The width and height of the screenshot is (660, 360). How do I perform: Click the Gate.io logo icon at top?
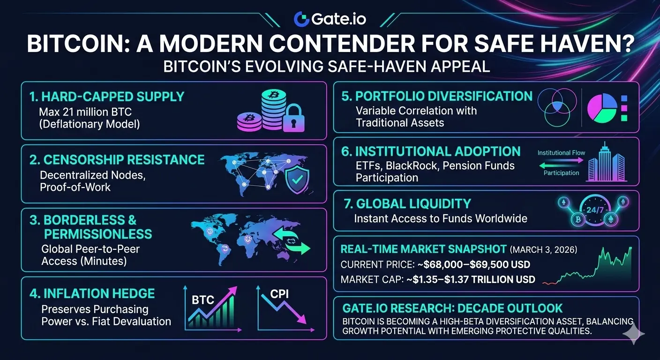pyautogui.click(x=301, y=19)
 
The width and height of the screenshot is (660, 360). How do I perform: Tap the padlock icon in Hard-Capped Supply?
pyautogui.click(x=293, y=118)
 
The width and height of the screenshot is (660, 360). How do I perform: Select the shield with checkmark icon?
pyautogui.click(x=297, y=179)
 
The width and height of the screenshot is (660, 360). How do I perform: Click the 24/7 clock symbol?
pyautogui.click(x=595, y=210)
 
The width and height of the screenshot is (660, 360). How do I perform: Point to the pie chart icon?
pyautogui.click(x=602, y=108)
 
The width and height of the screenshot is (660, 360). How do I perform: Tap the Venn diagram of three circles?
pyautogui.click(x=557, y=107)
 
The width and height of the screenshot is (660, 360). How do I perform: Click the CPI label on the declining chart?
pyautogui.click(x=279, y=294)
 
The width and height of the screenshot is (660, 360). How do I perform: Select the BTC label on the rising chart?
pyautogui.click(x=202, y=300)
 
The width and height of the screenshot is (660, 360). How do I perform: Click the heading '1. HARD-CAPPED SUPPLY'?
pyautogui.click(x=107, y=97)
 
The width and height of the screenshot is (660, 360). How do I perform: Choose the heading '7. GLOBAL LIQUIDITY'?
pyautogui.click(x=407, y=204)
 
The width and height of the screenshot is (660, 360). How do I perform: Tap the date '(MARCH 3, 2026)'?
pyautogui.click(x=544, y=250)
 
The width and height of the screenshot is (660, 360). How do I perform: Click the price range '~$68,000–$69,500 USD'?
pyautogui.click(x=474, y=264)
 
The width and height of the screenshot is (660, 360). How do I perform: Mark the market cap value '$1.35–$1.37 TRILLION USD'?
pyautogui.click(x=474, y=279)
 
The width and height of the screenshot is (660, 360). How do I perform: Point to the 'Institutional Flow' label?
pyautogui.click(x=561, y=153)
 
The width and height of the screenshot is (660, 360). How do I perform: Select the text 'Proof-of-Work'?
pyautogui.click(x=75, y=187)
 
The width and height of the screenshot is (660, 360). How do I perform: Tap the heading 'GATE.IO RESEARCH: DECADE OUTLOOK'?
pyautogui.click(x=452, y=308)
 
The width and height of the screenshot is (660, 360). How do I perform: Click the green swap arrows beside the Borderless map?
pyautogui.click(x=291, y=240)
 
